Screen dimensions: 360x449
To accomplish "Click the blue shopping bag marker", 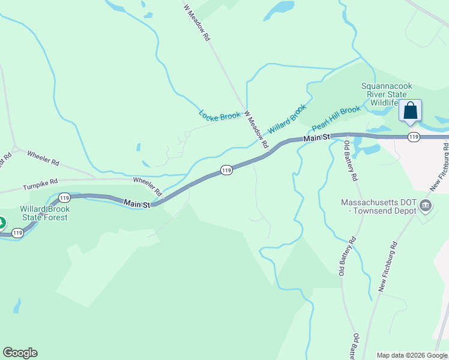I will (410, 112).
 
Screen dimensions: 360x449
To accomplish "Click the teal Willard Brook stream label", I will (287, 119).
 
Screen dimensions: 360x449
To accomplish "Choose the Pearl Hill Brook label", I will (336, 119).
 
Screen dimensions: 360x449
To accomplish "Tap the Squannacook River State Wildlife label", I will (385, 95).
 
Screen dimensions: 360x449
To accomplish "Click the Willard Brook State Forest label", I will (45, 213).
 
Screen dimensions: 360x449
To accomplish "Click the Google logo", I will (20, 353).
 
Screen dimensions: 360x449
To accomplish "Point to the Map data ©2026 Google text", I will (411, 355).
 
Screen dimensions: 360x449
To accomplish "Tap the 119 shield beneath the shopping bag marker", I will (413, 137).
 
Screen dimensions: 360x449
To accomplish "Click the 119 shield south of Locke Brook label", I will (226, 170).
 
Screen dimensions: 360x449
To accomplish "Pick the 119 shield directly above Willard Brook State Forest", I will (65, 197).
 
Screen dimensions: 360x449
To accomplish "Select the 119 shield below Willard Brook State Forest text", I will (17, 233).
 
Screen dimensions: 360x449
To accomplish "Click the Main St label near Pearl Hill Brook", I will (316, 139).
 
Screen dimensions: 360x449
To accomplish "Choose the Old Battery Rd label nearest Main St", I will (351, 161).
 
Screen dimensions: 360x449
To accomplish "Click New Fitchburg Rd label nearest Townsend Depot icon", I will (389, 266).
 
